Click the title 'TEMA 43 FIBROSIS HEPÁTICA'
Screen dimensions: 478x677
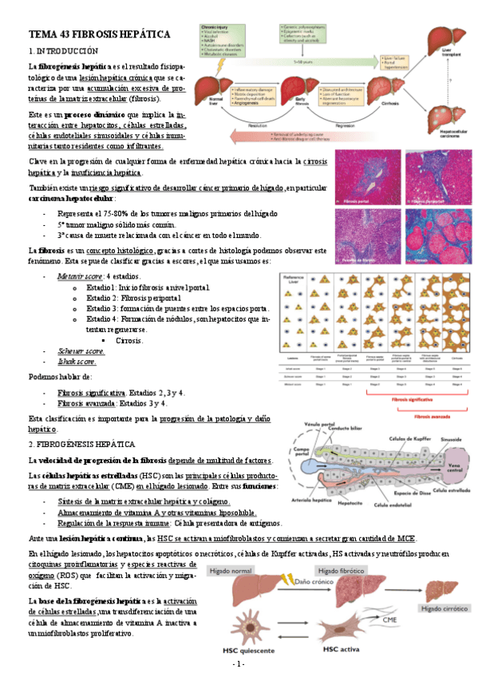coord(100,35)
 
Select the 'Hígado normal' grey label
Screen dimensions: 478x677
coord(235,572)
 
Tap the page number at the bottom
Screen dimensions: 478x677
coord(239,664)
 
